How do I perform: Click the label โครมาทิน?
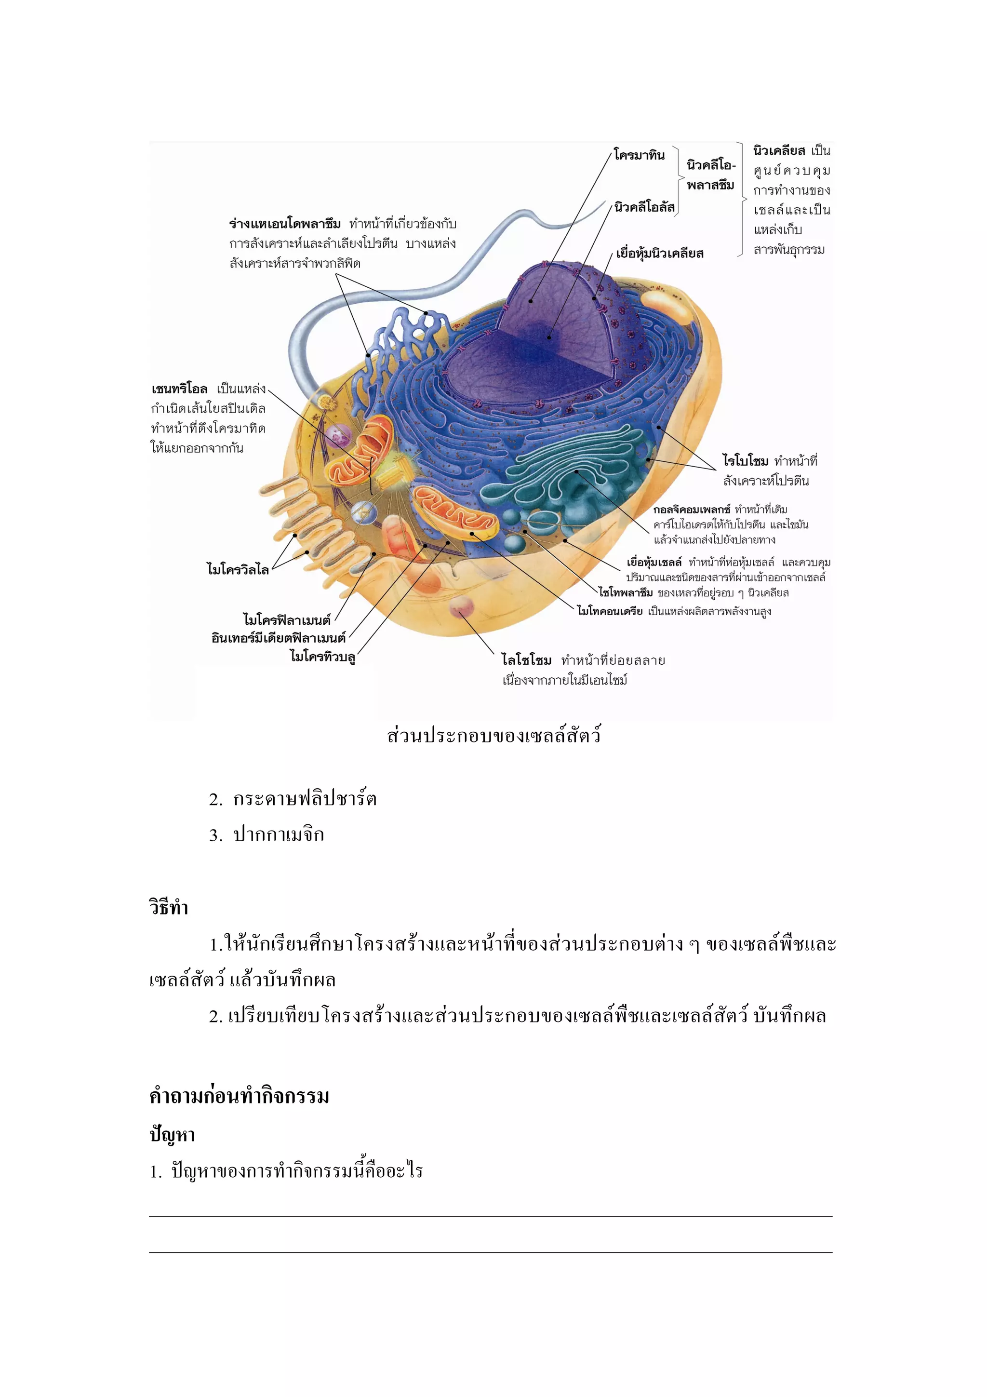639,155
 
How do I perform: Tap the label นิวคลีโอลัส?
645,207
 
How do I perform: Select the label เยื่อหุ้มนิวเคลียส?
660,253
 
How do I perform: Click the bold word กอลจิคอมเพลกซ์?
692,509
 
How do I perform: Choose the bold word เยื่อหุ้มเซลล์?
654,562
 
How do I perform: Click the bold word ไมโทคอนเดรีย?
610,611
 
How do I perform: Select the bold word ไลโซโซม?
527,660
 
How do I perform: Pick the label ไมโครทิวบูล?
323,657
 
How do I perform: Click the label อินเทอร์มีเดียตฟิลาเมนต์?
279,638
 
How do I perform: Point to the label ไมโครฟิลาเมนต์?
287,620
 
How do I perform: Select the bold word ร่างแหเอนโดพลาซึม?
285,224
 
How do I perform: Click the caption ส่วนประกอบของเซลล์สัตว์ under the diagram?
494,736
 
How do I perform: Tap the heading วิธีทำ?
169,908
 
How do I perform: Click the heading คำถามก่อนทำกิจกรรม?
239,1096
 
